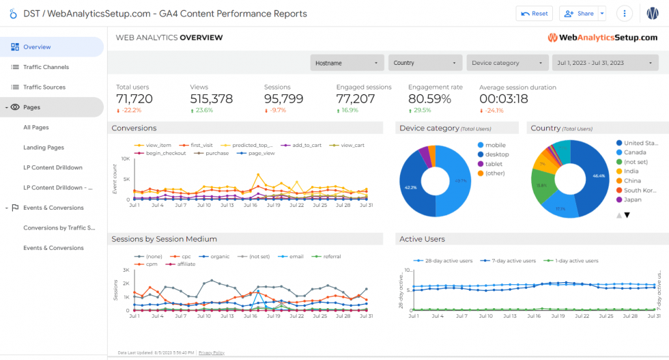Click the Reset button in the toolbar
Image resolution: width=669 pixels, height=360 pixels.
click(x=535, y=14)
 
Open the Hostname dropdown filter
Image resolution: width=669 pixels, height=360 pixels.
click(x=347, y=63)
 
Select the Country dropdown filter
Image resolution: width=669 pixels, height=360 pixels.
click(x=425, y=63)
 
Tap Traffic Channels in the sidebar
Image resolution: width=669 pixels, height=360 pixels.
click(x=46, y=67)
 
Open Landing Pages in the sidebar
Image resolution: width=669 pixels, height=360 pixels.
click(x=44, y=148)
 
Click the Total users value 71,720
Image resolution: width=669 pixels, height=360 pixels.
click(x=134, y=99)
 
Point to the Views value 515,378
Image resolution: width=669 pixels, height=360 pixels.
click(x=212, y=99)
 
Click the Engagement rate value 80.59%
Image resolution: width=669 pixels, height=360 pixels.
click(x=429, y=99)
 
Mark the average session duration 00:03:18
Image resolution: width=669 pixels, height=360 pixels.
click(x=504, y=99)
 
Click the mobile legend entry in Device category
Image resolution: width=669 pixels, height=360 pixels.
click(x=496, y=145)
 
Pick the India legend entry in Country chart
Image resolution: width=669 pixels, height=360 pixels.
click(x=631, y=171)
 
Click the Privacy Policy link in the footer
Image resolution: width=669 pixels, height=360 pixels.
click(x=211, y=352)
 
